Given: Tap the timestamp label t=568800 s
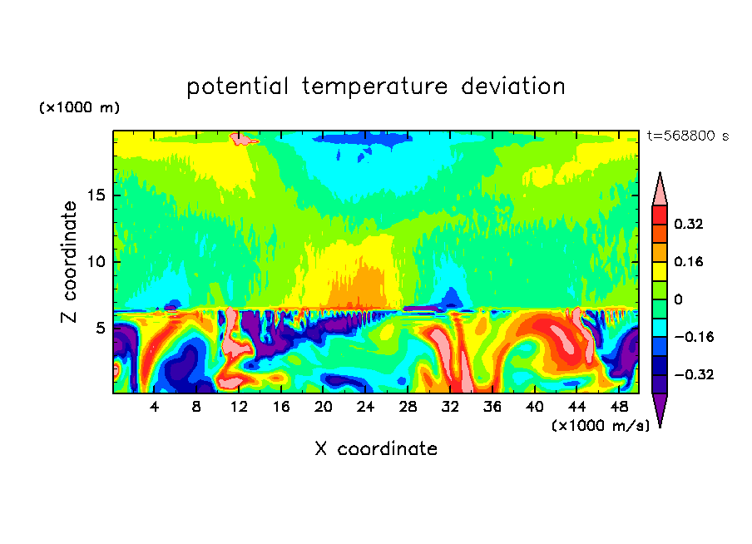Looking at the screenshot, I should (687, 136).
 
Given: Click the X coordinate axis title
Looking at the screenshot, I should (376, 449).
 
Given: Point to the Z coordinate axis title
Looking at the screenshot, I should (70, 262).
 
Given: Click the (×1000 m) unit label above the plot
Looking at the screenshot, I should (79, 108).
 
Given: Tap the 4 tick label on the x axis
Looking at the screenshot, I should (155, 407).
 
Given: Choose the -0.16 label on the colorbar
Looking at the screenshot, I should (692, 337).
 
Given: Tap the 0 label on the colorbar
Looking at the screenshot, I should (678, 299).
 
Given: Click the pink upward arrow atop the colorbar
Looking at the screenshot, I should (660, 190).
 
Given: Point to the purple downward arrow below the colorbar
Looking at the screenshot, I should (660, 409).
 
